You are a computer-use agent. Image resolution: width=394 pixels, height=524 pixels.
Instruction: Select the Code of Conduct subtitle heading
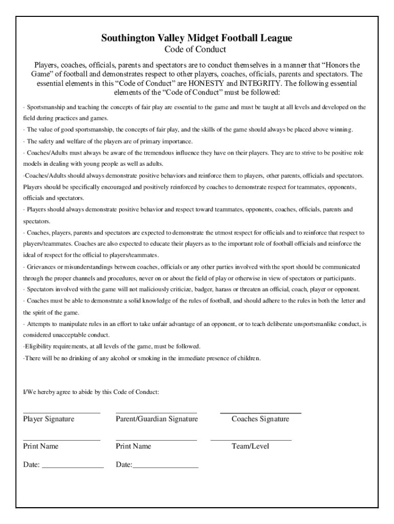click(x=195, y=50)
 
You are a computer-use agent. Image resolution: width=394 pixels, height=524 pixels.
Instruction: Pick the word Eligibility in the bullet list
click(x=40, y=346)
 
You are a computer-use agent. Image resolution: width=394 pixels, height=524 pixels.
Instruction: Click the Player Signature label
click(x=49, y=419)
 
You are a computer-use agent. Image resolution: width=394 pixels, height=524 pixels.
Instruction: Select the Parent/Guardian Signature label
click(x=157, y=419)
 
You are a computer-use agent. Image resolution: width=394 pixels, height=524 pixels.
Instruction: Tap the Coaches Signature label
click(x=260, y=419)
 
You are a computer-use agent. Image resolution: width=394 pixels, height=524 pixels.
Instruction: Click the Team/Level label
click(x=250, y=446)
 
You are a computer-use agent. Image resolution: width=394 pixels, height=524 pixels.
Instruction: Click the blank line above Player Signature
click(x=61, y=412)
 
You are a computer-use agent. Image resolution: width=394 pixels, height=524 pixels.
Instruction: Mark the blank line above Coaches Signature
click(x=260, y=412)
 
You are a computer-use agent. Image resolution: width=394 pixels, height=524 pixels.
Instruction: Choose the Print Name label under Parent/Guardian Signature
click(x=134, y=446)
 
